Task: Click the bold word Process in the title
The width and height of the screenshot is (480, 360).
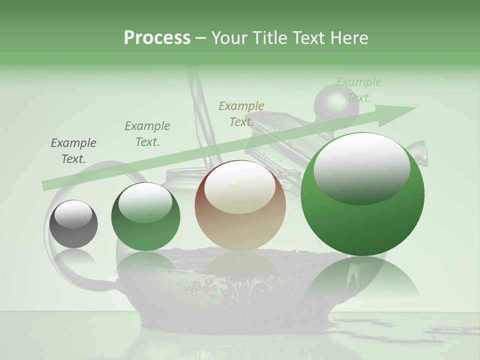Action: [157, 38]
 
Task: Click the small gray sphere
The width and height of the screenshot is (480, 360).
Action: [73, 223]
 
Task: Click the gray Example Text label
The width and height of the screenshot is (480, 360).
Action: [73, 151]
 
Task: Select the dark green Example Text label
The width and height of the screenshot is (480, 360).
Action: [147, 134]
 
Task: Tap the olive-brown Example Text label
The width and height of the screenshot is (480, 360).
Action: [241, 114]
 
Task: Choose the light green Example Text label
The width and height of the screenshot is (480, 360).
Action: [359, 90]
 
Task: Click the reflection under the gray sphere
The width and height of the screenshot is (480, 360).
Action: [73, 257]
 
